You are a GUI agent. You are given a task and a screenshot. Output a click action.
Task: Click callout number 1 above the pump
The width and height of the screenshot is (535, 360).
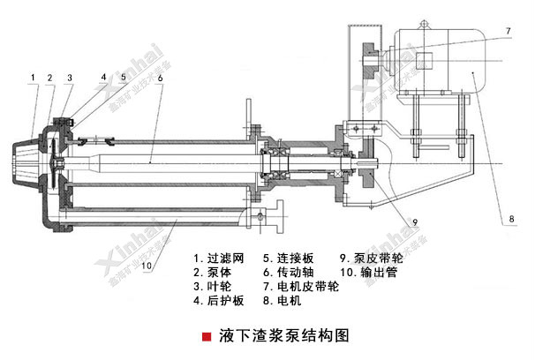tap(32, 78)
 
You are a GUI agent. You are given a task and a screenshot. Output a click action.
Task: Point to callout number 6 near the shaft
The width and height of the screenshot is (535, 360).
tap(160, 78)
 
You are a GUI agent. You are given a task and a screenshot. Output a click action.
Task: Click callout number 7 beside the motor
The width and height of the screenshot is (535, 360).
tap(509, 31)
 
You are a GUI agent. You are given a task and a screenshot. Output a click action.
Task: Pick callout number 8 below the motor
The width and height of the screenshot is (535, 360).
tap(510, 215)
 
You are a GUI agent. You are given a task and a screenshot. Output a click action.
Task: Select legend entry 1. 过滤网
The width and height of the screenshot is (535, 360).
tap(218, 259)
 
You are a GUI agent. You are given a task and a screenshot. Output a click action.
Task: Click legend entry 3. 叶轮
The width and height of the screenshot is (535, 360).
tap(213, 287)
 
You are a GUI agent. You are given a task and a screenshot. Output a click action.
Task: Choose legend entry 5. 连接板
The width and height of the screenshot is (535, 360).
tap(288, 259)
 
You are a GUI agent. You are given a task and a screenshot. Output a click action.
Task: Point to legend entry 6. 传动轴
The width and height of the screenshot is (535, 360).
tap(288, 274)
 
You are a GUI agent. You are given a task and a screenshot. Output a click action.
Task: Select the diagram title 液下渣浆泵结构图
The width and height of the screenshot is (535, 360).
tap(275, 337)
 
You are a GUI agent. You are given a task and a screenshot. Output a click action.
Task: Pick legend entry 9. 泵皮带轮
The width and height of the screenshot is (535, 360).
tap(373, 259)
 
